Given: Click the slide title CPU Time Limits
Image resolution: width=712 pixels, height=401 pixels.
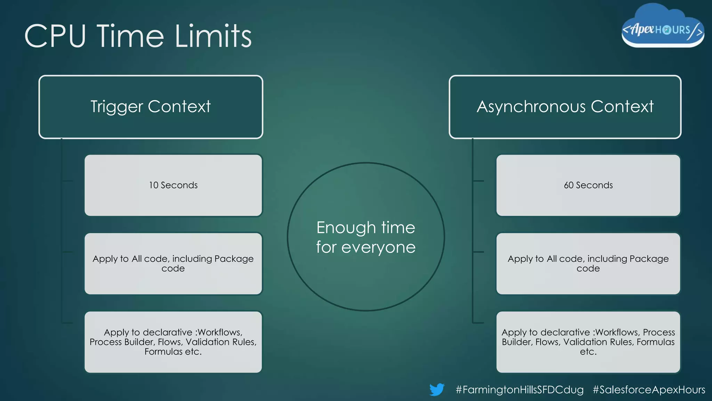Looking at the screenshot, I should (138, 36).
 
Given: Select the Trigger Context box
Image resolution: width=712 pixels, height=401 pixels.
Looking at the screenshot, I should (151, 107).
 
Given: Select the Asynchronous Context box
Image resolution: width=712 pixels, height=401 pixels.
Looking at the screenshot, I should (565, 107).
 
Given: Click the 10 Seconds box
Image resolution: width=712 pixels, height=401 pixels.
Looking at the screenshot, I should (173, 185).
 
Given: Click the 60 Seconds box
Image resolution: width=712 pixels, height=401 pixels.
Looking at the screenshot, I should (588, 185).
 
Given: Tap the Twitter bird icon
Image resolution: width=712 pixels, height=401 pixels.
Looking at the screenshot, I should (437, 389).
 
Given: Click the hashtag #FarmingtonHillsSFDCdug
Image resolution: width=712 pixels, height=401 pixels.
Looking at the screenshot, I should (519, 390).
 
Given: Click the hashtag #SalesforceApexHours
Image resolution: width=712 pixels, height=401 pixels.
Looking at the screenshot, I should (649, 390).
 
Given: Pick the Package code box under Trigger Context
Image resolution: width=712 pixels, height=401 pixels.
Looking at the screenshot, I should (173, 264).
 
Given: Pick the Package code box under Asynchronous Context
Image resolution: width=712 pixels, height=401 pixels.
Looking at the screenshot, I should (588, 264).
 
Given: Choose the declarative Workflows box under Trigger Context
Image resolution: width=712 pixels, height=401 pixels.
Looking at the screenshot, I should (173, 342).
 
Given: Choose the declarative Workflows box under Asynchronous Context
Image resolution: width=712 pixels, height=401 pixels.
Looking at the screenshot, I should (588, 342).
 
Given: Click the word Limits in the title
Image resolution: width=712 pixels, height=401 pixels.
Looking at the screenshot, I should (213, 36).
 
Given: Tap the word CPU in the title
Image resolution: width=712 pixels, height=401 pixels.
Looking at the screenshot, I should (55, 36).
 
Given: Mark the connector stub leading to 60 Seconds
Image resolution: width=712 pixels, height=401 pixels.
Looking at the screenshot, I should (478, 181).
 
